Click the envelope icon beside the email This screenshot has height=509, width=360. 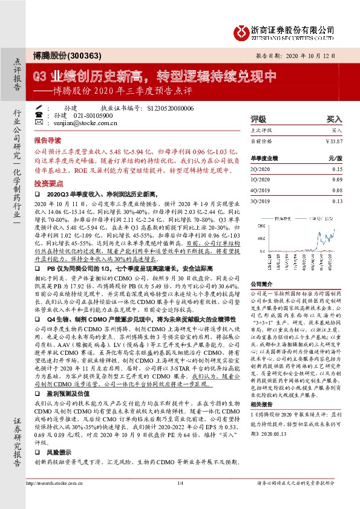tap(39, 122)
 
